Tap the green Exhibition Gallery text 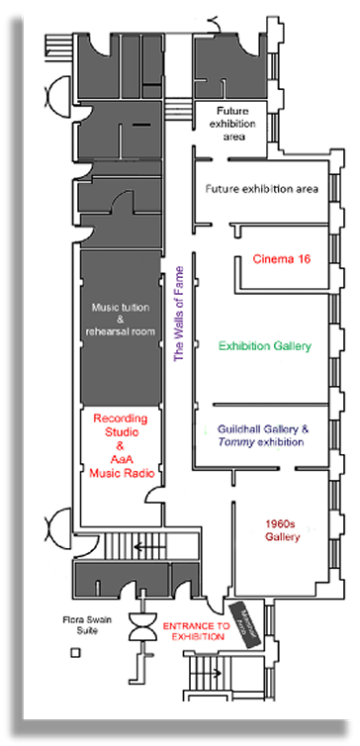point(265,346)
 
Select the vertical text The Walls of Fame point(179,314)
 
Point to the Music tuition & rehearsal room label point(119,319)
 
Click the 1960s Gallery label point(283,529)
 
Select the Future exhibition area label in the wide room point(261,188)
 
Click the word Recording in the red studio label point(119,419)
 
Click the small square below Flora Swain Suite point(75,654)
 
